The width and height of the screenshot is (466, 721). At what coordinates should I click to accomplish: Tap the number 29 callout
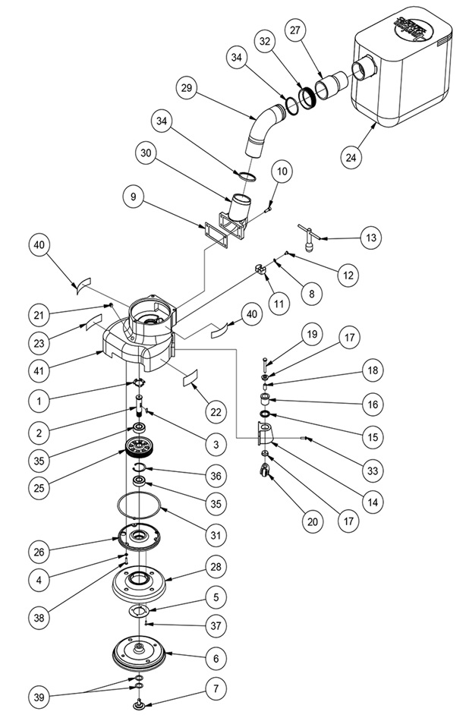point(184,88)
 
